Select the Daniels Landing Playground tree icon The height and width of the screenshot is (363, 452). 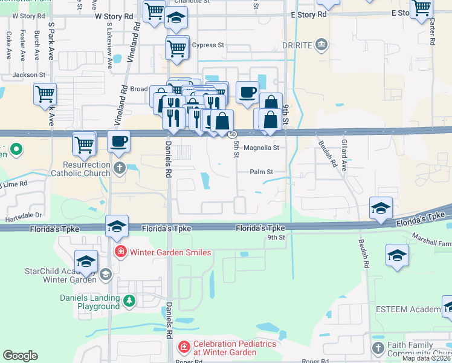[x=129, y=300]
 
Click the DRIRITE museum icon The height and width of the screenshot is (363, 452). [x=322, y=45]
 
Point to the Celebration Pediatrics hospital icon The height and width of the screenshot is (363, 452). [x=184, y=347]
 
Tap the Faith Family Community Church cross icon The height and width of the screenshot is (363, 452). [x=378, y=348]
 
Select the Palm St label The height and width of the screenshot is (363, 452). [x=262, y=172]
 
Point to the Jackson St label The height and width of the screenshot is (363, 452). [x=29, y=75]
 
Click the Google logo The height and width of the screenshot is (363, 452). [x=20, y=356]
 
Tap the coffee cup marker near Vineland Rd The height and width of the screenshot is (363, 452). [x=118, y=141]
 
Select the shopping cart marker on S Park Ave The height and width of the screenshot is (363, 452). [x=45, y=94]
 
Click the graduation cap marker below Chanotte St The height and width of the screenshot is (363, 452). [x=176, y=19]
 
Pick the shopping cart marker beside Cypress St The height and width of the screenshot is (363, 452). [x=176, y=47]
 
